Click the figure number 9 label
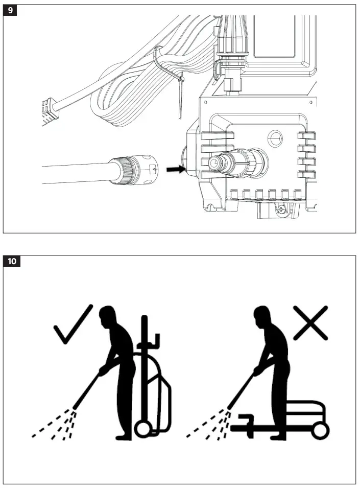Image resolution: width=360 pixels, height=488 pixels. click(x=10, y=11)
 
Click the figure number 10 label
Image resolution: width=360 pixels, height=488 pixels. click(x=12, y=261)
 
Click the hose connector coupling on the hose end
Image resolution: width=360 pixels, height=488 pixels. click(x=138, y=168)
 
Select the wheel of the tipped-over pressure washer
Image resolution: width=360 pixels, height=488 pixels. click(x=320, y=430)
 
